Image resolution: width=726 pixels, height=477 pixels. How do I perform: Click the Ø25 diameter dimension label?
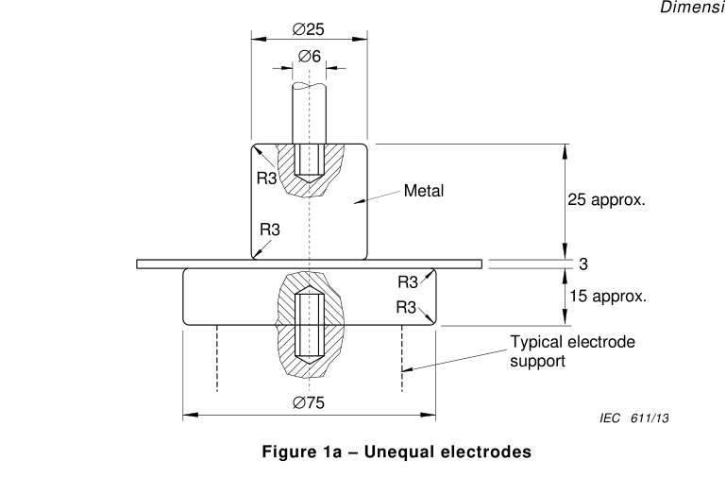tap(308, 28)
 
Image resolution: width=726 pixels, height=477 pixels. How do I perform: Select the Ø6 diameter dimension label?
tap(309, 57)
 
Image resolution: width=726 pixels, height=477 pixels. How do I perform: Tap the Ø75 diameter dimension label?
tap(309, 402)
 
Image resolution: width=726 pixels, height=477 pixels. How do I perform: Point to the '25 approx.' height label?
tap(606, 200)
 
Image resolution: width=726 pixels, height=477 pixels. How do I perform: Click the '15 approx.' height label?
tap(606, 296)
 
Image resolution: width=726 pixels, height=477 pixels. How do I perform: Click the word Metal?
tap(424, 191)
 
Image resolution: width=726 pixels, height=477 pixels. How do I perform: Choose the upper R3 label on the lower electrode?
tap(408, 282)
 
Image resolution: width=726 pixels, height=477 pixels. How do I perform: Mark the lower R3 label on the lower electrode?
tap(407, 306)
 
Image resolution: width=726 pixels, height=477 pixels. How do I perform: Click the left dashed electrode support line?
tap(217, 359)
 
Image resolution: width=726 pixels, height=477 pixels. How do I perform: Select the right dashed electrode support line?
tap(402, 359)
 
